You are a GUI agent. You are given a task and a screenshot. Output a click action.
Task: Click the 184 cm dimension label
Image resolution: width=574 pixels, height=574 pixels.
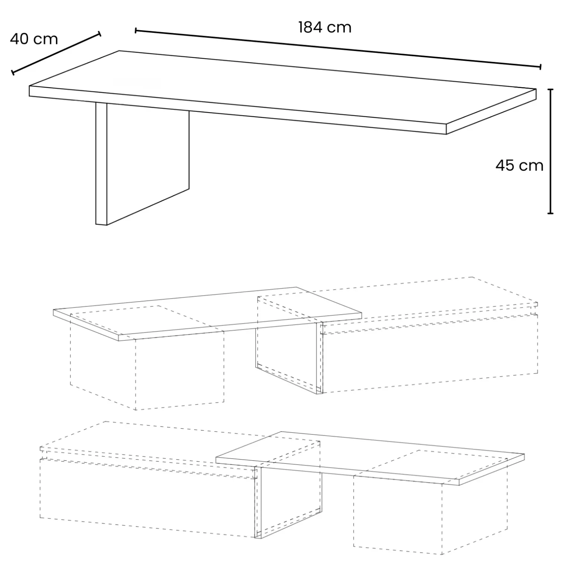click(x=325, y=27)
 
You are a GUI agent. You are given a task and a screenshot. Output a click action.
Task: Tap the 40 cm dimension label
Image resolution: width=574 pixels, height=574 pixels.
click(x=34, y=39)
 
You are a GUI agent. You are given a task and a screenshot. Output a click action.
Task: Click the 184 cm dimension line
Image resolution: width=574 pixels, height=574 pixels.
click(x=338, y=48)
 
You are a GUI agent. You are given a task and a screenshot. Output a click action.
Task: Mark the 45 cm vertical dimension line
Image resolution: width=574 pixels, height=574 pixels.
click(x=550, y=151)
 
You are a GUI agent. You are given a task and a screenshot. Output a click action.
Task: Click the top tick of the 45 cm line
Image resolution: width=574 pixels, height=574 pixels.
click(x=550, y=89)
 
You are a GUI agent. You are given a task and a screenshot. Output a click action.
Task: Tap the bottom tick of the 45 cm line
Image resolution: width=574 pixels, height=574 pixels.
click(x=550, y=213)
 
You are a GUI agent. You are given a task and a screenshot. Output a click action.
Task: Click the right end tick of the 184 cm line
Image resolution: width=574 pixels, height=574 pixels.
click(x=540, y=67)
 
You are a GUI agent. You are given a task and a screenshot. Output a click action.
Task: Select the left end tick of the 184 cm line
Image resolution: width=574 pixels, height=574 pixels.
click(x=136, y=31)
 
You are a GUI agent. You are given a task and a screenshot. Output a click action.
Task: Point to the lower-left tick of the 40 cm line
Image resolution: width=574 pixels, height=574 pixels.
click(x=13, y=72)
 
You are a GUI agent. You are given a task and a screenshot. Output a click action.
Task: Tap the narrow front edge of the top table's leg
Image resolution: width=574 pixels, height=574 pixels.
click(x=101, y=164)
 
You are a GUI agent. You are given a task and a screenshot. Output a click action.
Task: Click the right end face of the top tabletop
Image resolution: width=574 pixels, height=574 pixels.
click(x=491, y=111)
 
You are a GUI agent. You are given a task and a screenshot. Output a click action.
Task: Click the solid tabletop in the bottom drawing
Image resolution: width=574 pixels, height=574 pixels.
click(x=370, y=457)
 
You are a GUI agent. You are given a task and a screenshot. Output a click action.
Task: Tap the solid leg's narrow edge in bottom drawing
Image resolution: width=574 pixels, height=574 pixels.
click(x=258, y=502)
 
